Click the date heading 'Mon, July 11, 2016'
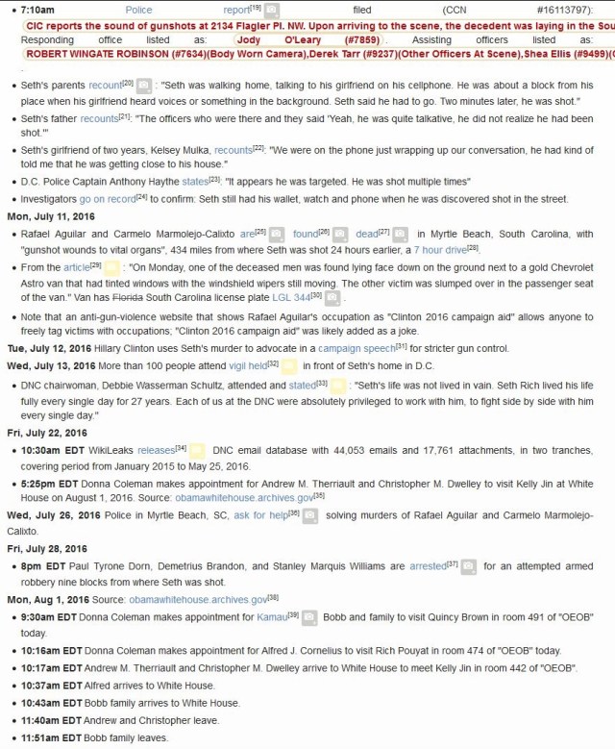53,215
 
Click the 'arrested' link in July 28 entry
428,566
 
